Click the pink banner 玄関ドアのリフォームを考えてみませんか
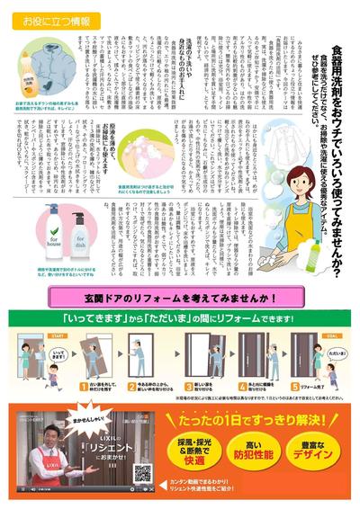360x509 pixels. click(179, 298)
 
